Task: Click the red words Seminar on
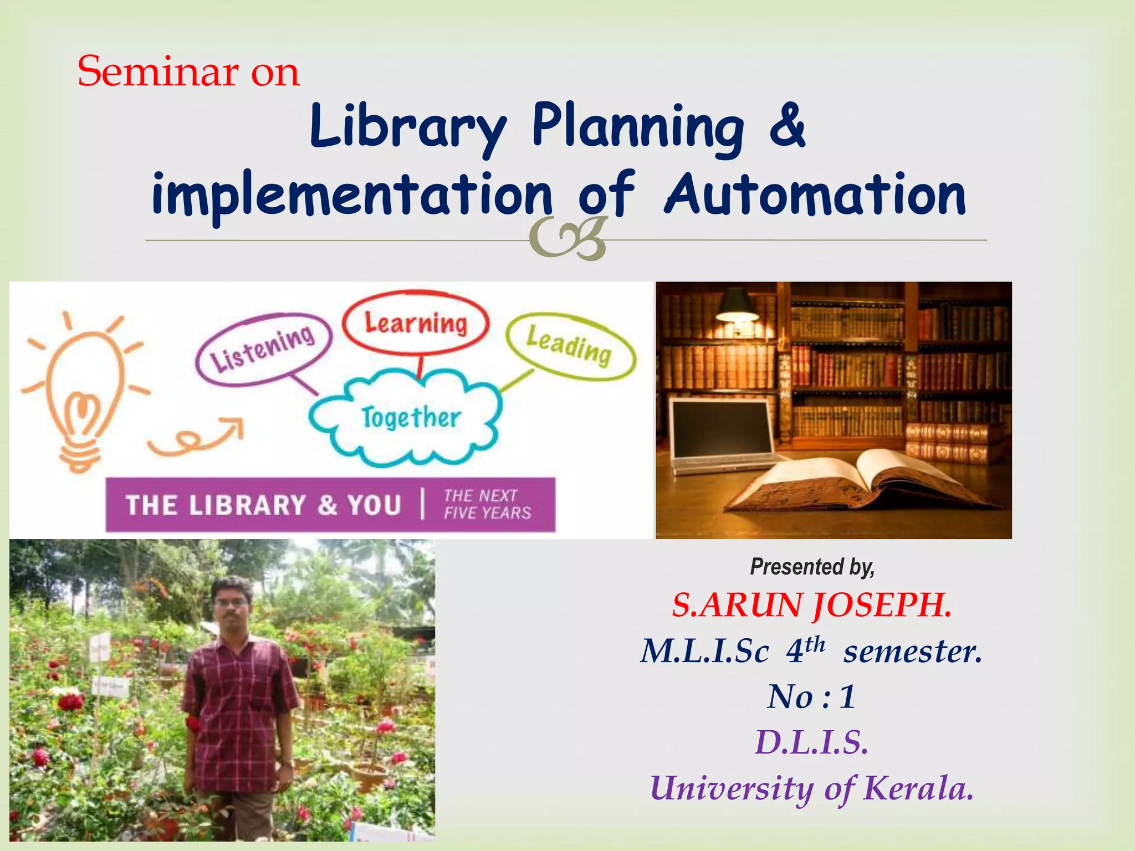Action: pos(188,72)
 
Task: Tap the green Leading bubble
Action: pos(570,346)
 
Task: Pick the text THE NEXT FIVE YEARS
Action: pos(487,504)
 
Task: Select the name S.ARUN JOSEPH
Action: pos(812,605)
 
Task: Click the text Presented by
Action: pos(812,567)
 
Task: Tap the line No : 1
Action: pos(812,696)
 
